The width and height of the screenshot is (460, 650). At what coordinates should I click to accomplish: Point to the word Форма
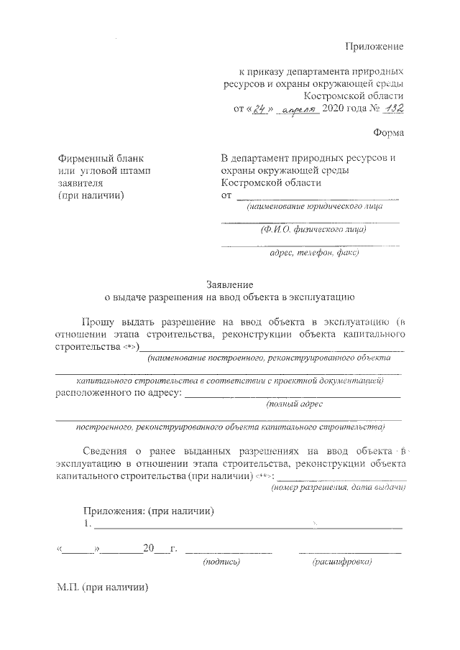pos(389,133)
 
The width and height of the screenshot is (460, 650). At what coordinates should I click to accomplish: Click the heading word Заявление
pos(229,284)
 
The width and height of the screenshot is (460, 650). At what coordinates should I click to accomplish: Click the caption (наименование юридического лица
pos(313,207)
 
